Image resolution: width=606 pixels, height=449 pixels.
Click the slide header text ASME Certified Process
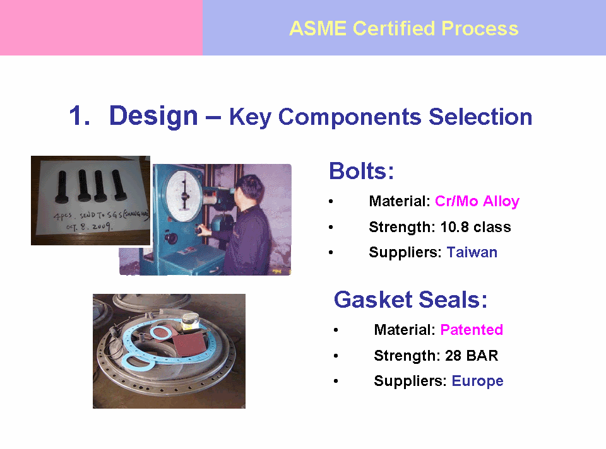tap(404, 28)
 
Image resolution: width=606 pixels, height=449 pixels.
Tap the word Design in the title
tap(153, 116)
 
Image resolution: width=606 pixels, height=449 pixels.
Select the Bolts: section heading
tap(361, 171)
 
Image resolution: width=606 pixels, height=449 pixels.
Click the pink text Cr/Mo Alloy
tap(477, 202)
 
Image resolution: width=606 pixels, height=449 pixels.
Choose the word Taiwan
tap(472, 252)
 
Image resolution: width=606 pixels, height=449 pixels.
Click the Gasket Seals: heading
tap(410, 300)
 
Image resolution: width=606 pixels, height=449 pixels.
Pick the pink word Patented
tap(472, 330)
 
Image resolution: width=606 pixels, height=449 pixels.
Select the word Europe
tap(477, 382)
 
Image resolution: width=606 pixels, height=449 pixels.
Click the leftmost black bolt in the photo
tap(62, 187)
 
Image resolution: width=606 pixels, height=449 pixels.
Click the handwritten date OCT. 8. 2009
tap(89, 226)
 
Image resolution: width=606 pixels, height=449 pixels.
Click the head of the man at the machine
tap(249, 189)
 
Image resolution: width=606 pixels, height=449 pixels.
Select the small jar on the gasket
tap(191, 321)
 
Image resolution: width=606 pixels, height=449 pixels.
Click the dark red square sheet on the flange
tap(189, 343)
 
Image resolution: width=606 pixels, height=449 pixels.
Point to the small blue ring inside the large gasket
tap(162, 332)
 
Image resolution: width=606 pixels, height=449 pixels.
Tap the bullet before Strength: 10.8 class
tap(331, 227)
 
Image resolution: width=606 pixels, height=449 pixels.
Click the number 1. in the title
tap(80, 116)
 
